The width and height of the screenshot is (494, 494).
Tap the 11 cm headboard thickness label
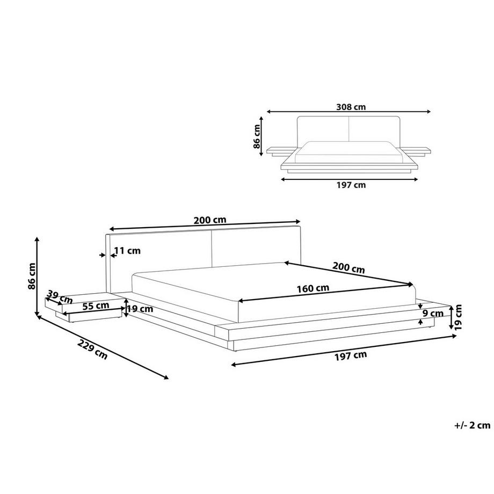pyautogui.click(x=127, y=250)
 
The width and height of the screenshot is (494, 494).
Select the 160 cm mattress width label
pyautogui.click(x=313, y=288)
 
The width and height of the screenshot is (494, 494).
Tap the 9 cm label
pyautogui.click(x=433, y=313)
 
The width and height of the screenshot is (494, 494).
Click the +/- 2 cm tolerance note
pyautogui.click(x=472, y=425)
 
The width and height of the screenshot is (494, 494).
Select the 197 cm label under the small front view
pyautogui.click(x=351, y=185)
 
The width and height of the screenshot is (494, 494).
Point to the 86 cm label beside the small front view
pyautogui.click(x=257, y=136)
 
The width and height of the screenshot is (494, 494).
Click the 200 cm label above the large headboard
pyautogui.click(x=209, y=220)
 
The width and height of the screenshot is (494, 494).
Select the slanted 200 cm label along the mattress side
pyautogui.click(x=348, y=267)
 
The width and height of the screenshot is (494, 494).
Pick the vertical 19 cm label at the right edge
pyautogui.click(x=457, y=317)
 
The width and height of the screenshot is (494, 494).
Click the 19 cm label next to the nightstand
pyautogui.click(x=141, y=309)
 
